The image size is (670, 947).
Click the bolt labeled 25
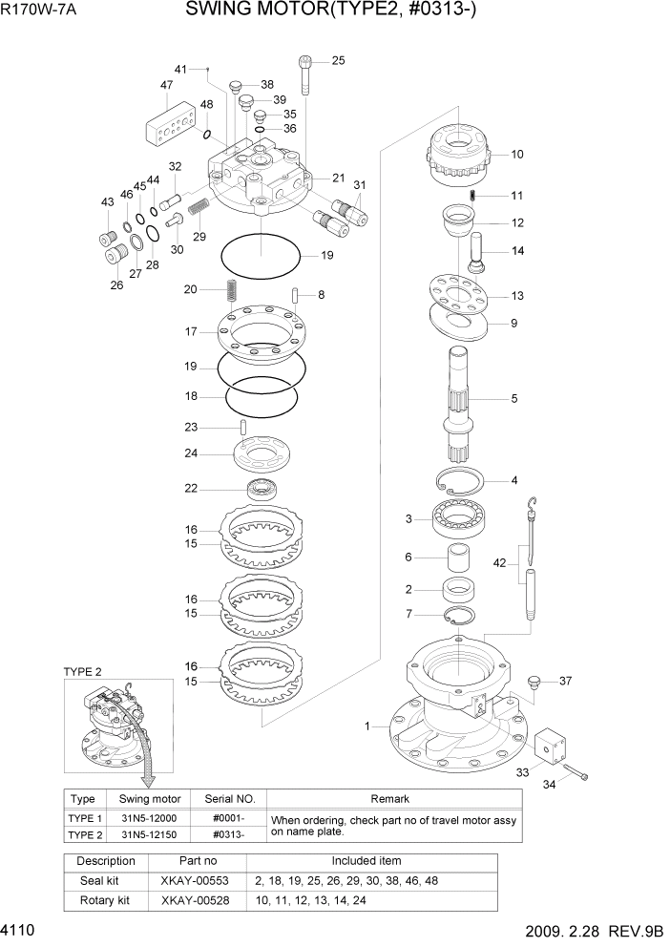[305, 74]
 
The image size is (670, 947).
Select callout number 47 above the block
[167, 85]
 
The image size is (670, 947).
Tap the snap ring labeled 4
[462, 480]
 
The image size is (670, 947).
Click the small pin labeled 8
[297, 295]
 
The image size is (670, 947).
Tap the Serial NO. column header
[223, 799]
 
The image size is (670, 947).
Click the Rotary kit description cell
[106, 899]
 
